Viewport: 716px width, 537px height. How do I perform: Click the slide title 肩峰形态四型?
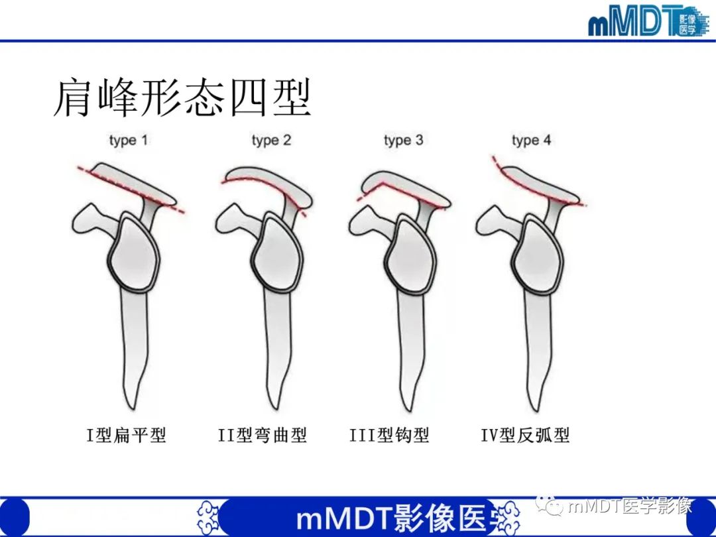[x=182, y=98]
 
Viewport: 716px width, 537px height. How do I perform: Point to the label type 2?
[x=271, y=141]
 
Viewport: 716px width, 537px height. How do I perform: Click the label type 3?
[x=402, y=141]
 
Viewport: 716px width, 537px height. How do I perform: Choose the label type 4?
[x=531, y=141]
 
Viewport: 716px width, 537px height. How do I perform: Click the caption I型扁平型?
[x=126, y=436]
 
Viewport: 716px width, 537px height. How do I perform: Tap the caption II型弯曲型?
[x=263, y=436]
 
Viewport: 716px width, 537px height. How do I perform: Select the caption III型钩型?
[x=389, y=436]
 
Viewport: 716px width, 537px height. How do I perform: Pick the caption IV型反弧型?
[x=525, y=436]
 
